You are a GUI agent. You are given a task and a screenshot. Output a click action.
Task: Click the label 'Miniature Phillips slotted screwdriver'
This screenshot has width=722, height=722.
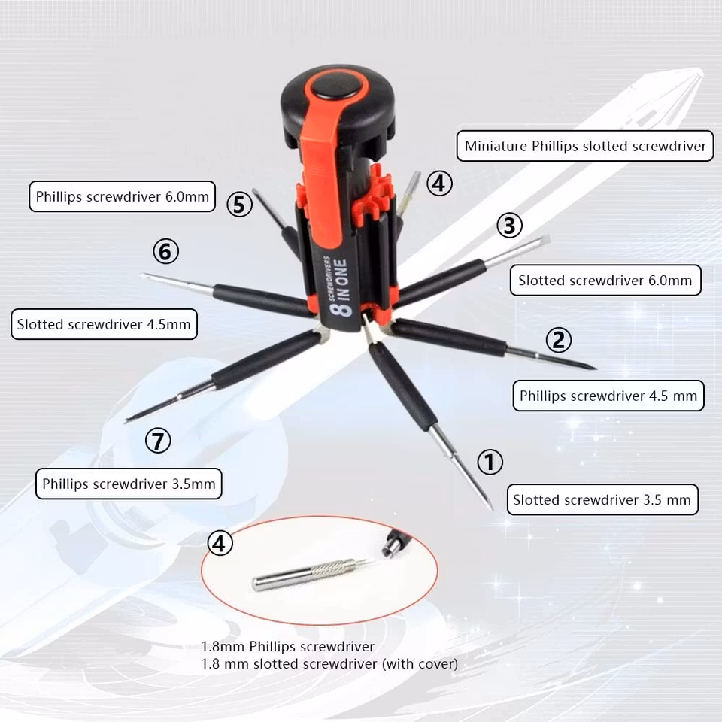585,146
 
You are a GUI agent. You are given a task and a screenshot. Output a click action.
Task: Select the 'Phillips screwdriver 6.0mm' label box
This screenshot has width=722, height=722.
122,196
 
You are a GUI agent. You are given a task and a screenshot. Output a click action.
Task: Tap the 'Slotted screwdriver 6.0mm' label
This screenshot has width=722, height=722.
605,280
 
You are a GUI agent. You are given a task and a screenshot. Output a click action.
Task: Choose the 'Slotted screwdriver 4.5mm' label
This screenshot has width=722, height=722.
104,324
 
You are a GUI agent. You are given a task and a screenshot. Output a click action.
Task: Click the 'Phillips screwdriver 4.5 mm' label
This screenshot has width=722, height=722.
608,396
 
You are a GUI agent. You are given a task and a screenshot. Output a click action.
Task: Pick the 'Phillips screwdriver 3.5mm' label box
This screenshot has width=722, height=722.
129,484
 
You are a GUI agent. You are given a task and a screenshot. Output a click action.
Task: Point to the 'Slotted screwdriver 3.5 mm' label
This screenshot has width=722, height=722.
602,499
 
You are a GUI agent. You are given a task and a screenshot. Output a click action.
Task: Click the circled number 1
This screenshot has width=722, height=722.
490,462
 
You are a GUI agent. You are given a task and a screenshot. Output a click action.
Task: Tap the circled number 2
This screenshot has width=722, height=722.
559,340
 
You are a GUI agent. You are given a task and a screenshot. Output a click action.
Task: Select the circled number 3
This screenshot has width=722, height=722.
509,225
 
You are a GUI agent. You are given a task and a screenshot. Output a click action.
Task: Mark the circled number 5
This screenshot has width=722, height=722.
239,205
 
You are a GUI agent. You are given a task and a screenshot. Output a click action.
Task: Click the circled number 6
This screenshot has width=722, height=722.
165,251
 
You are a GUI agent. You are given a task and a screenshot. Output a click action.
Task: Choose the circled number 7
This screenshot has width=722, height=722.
158,440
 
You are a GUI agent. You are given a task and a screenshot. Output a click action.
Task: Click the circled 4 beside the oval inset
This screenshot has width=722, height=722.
220,543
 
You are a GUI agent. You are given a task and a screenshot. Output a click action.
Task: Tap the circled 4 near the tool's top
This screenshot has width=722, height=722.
439,184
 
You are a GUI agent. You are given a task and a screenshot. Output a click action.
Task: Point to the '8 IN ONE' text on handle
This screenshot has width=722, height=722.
339,287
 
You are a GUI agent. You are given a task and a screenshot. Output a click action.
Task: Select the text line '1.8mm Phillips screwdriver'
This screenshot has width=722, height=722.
288,647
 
